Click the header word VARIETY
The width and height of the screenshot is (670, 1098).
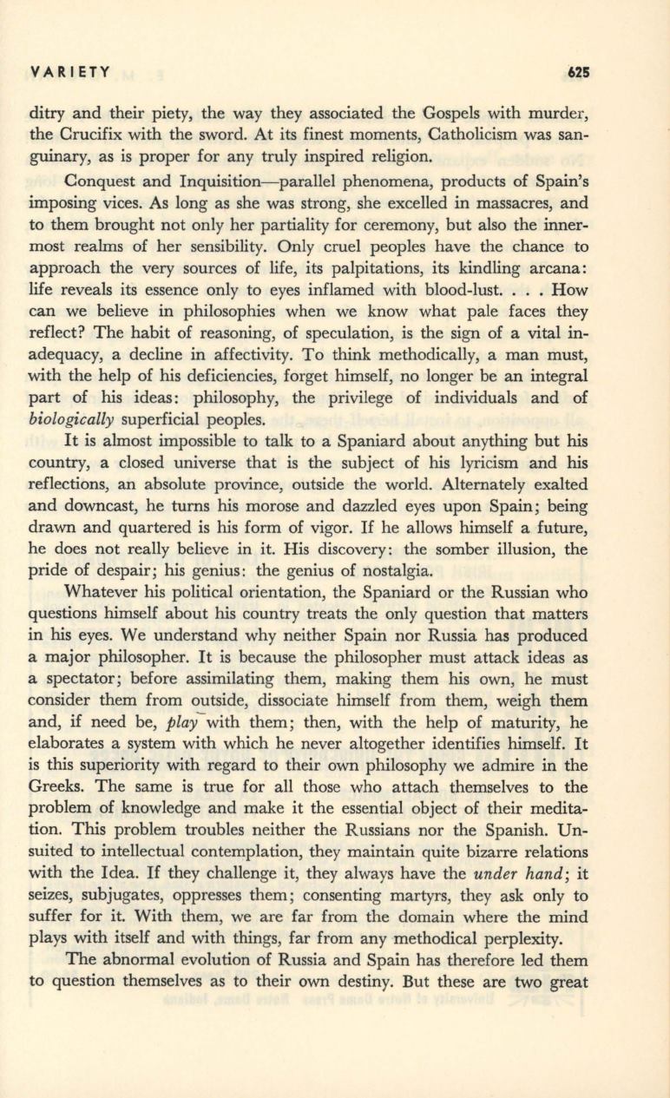coord(70,73)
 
